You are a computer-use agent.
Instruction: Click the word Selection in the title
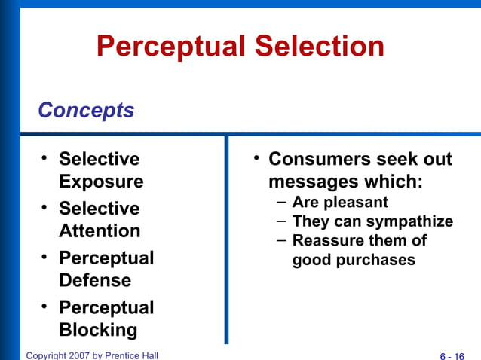tap(320, 47)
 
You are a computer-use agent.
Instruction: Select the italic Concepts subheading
tap(86, 111)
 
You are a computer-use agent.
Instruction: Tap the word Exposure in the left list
tap(101, 182)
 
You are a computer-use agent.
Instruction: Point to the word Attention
tap(100, 231)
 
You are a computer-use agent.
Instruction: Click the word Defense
tap(95, 281)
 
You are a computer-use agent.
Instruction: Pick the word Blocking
tap(98, 330)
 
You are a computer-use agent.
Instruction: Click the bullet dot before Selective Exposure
tap(44, 157)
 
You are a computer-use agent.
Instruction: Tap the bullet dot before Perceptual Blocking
tap(44, 306)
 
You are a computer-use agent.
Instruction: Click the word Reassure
tap(324, 241)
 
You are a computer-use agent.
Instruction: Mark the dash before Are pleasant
tap(280, 202)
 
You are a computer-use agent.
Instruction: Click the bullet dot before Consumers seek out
tap(256, 157)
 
